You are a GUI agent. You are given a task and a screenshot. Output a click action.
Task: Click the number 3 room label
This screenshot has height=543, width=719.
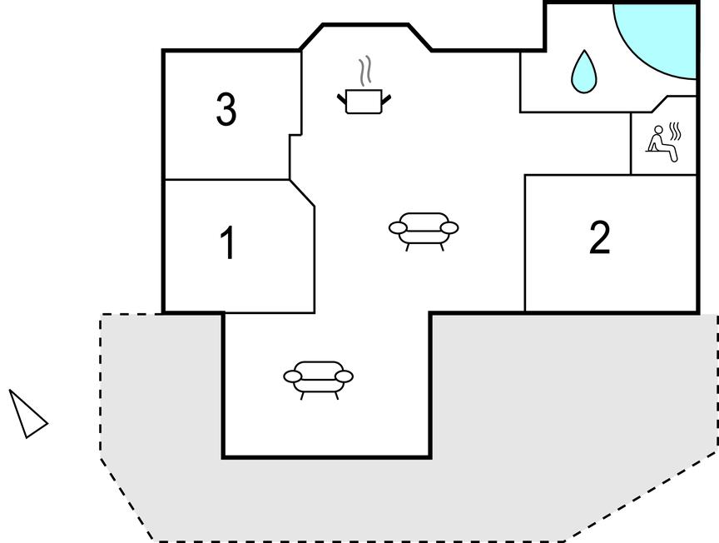226,109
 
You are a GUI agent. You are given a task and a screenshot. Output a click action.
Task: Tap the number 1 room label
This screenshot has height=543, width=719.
228,243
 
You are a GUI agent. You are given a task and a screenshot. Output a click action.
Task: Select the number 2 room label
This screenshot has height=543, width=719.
600,237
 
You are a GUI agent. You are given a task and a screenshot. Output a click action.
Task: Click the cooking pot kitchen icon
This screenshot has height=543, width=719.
364,101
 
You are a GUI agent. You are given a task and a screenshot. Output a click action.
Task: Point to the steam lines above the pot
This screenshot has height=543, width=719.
365,71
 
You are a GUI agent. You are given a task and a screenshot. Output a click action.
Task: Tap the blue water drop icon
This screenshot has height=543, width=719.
583,72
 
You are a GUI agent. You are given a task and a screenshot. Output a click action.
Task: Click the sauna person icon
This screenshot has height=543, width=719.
664,142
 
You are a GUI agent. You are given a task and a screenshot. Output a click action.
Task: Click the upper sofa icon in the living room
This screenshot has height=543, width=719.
424,232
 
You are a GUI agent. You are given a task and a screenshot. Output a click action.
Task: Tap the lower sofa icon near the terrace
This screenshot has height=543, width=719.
318,380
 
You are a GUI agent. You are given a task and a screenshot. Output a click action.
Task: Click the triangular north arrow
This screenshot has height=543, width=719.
27,414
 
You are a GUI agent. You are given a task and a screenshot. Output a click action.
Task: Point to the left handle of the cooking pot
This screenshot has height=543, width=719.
342,98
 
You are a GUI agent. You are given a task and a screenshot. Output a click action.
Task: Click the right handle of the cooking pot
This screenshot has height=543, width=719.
386,98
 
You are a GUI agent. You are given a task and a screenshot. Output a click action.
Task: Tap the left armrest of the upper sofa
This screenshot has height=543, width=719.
398,227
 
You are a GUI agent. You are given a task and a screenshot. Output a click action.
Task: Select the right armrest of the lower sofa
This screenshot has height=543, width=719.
344,376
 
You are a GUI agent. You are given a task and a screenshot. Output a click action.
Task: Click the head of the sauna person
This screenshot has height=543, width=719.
658,129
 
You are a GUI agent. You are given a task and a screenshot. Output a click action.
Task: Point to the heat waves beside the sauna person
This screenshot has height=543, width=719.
675,132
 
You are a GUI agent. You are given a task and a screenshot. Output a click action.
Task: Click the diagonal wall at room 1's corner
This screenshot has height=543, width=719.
302,192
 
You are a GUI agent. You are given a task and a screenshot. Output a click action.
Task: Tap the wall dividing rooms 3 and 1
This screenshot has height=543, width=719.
227,179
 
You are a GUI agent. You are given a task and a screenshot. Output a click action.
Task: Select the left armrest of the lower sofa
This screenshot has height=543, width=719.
293,376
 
